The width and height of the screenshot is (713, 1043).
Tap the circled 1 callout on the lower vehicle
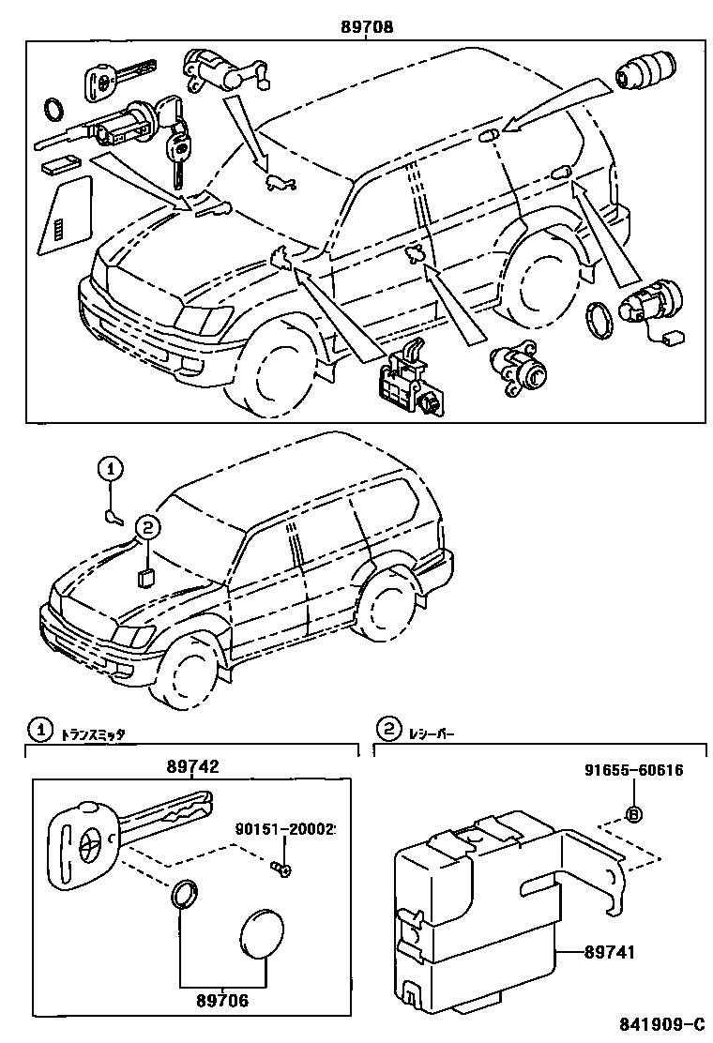110,467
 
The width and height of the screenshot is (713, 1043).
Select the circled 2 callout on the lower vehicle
147,529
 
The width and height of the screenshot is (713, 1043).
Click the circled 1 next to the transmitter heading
38,729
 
